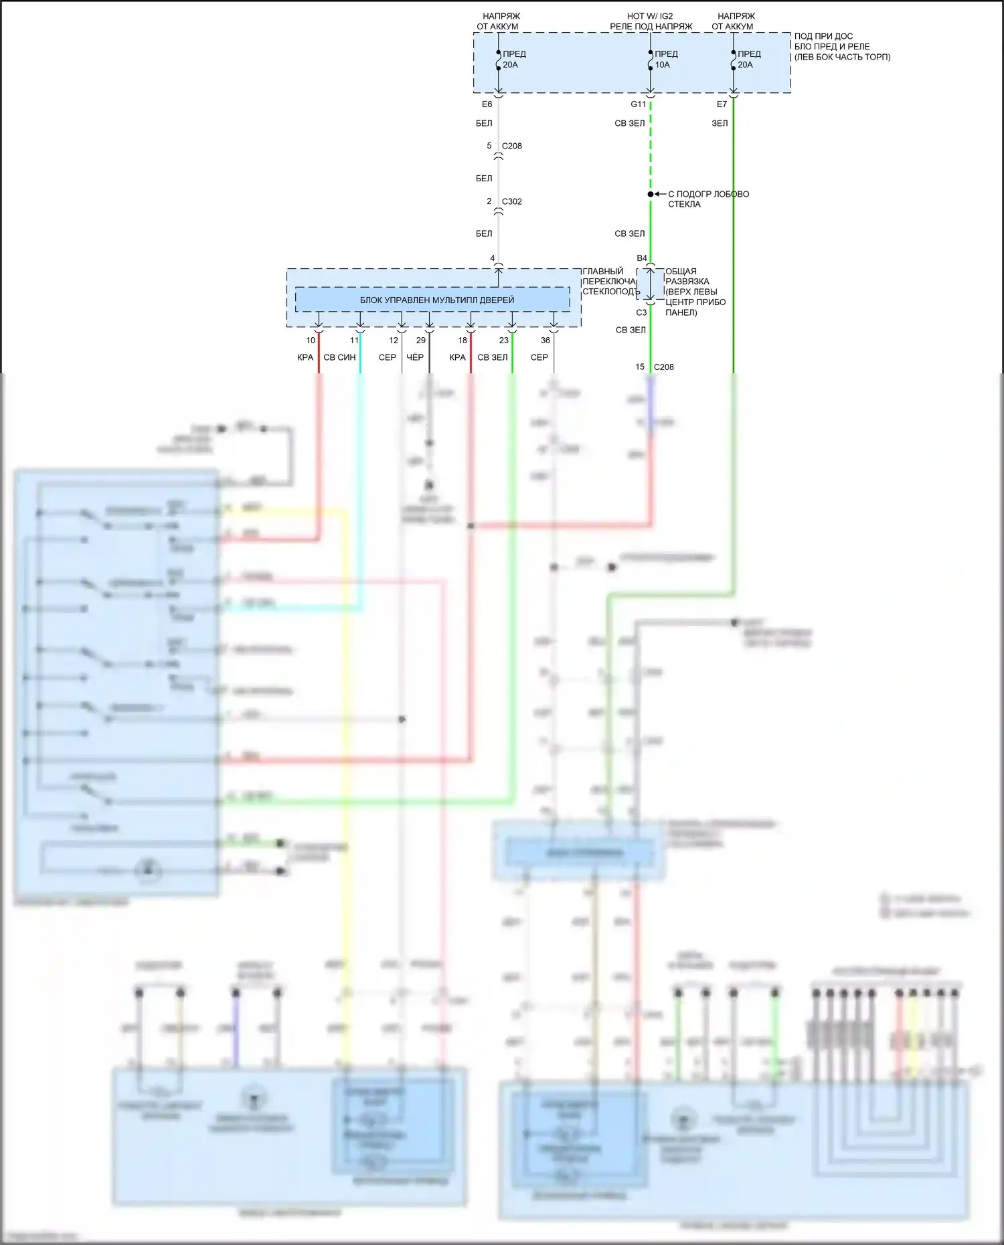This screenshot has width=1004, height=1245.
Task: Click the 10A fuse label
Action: point(662,65)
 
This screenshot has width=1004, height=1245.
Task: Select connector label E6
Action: point(487,104)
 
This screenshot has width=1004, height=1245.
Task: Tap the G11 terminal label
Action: point(638,104)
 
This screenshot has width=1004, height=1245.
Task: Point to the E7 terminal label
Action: point(722,104)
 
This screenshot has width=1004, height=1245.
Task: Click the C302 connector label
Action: point(512,201)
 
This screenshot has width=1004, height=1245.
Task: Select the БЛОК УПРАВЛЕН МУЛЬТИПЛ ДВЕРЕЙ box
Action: point(436,300)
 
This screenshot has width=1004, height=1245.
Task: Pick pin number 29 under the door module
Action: point(420,341)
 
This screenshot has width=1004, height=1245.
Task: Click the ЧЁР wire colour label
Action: point(415,357)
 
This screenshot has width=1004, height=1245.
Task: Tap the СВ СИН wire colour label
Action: point(339,357)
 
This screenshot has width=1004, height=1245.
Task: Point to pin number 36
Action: point(545,341)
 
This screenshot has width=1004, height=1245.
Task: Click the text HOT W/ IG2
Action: point(650,16)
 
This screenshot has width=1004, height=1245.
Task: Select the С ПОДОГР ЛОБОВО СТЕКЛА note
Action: point(708,199)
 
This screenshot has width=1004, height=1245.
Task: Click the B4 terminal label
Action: point(641,258)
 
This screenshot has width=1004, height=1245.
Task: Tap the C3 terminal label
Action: point(641,312)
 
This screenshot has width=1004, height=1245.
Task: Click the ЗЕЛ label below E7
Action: point(720,123)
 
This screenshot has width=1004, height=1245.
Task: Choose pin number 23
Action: point(503,341)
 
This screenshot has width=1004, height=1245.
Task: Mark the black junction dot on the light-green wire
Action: point(650,194)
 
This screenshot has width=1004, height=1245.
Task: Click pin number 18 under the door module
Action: point(462,341)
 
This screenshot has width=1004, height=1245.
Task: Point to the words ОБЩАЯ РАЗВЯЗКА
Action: point(687,276)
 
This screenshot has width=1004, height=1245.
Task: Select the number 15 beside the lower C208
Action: point(640,367)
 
